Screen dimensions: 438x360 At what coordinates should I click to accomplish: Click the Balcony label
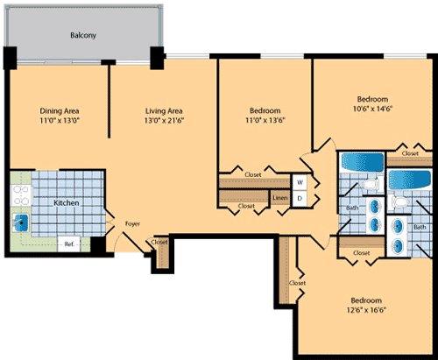83,35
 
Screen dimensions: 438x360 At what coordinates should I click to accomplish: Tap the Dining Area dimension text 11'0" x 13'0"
60,120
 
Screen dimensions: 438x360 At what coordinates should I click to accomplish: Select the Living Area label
164,111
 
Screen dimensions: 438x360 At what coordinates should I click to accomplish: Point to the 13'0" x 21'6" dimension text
164,120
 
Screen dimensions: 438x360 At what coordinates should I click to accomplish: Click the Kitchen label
67,202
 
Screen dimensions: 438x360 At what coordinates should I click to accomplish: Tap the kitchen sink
21,222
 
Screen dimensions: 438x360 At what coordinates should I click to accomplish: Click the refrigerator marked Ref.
69,244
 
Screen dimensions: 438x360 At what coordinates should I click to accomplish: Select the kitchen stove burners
21,195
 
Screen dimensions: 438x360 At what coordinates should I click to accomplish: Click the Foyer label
132,224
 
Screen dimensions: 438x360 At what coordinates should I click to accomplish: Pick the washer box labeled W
300,182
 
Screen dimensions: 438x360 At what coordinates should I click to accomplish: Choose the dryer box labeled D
300,199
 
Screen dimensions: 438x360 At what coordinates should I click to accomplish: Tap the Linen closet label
280,198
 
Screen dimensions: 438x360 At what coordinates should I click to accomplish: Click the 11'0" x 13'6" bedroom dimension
265,120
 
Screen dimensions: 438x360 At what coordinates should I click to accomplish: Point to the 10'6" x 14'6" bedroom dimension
372,109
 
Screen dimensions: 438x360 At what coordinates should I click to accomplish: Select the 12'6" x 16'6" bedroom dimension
366,310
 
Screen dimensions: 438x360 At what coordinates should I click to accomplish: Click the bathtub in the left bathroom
362,162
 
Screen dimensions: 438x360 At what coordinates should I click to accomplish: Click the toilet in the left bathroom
370,185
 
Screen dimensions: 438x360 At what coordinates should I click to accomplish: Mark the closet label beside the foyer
159,242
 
